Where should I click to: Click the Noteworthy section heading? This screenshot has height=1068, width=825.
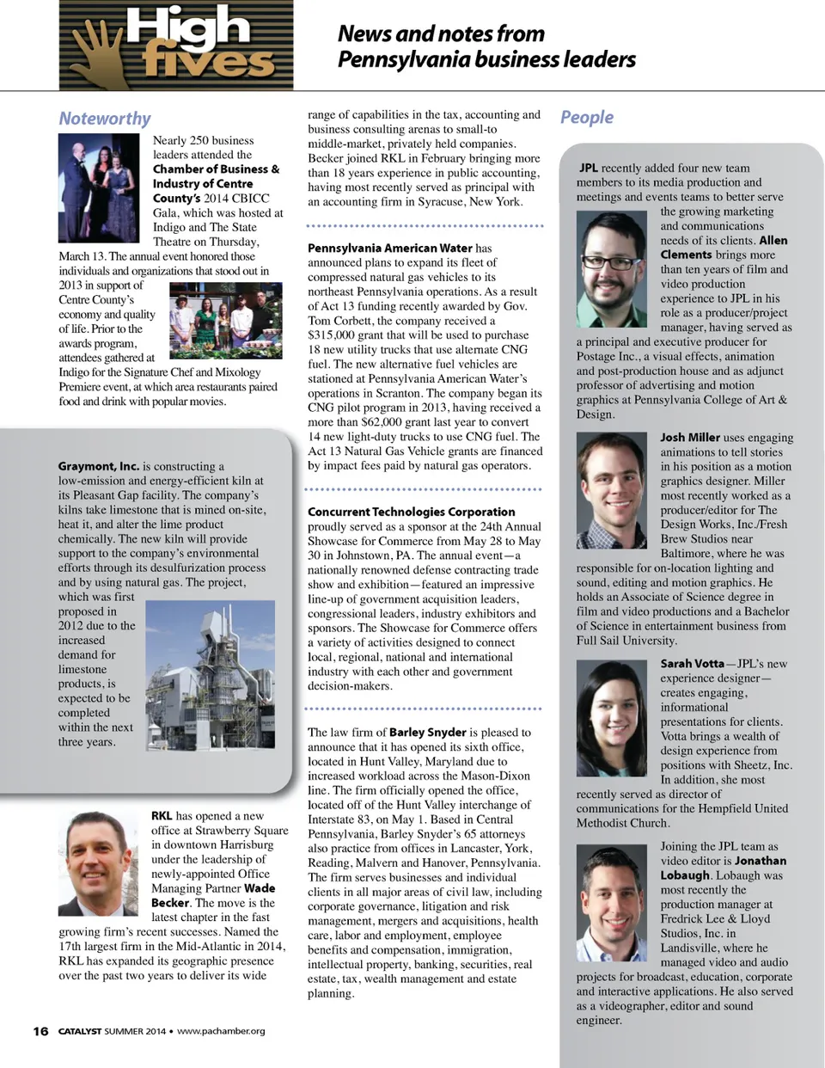tap(104, 119)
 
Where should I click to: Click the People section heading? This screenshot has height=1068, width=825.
tap(587, 117)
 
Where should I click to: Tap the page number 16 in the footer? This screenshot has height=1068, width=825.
tap(40, 1031)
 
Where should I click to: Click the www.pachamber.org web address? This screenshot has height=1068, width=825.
tap(221, 1031)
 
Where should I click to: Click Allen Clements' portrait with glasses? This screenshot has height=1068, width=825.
tap(611, 269)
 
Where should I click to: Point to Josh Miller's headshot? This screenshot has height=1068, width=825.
tap(611, 490)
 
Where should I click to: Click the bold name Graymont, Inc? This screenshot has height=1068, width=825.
tap(98, 466)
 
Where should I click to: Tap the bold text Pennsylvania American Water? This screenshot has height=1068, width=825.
tap(390, 248)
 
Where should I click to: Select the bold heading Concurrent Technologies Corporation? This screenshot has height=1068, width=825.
tap(412, 512)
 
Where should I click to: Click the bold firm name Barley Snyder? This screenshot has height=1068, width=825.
tap(427, 732)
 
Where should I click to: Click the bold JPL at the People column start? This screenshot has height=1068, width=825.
tap(589, 168)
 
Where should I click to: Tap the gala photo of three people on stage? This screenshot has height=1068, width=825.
tap(99, 188)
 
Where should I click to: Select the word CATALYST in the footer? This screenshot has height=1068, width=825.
tap(80, 1031)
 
